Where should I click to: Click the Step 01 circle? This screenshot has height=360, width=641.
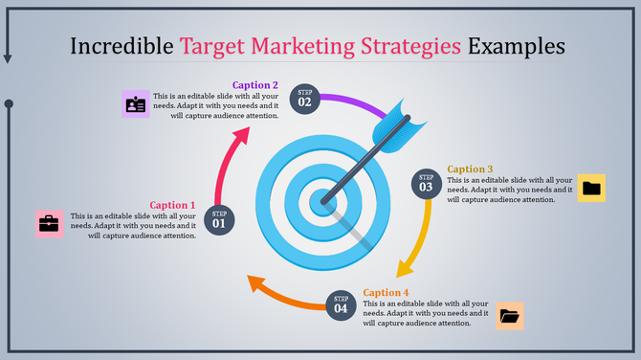[x=219, y=219]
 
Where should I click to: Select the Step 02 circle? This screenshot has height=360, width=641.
[x=304, y=98]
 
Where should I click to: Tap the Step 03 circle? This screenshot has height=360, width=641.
[x=427, y=183]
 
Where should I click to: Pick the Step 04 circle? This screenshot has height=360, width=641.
[x=341, y=304]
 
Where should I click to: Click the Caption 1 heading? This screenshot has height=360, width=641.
[x=172, y=205]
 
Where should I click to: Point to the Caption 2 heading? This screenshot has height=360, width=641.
[x=255, y=85]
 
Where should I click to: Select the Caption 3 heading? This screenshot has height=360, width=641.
[x=471, y=169]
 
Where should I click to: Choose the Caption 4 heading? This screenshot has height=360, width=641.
[x=387, y=292]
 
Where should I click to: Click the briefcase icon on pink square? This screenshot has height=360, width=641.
[x=49, y=224]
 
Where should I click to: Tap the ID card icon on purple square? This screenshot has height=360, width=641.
[x=136, y=103]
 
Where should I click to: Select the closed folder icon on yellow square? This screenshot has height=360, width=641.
[x=592, y=188]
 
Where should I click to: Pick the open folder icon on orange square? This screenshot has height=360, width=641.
[x=509, y=315]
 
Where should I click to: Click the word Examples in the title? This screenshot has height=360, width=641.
[x=516, y=46]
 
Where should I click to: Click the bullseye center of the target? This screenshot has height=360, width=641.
[x=320, y=202]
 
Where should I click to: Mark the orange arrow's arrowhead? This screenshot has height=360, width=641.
[x=255, y=283]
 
